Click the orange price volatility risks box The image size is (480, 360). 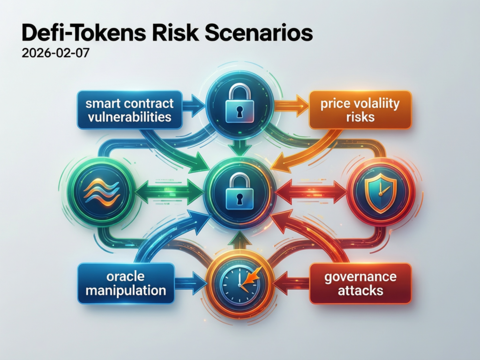[x=360, y=110]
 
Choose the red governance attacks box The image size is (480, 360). [x=360, y=284]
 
